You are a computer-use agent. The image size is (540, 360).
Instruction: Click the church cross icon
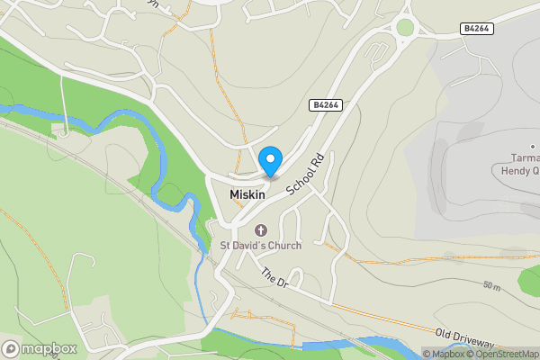[x=263, y=229]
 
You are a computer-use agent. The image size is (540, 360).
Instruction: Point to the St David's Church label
[x=261, y=245]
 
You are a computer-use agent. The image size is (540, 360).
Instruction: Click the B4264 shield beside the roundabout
[x=477, y=29]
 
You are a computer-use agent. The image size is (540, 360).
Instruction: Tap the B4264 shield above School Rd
[x=325, y=105]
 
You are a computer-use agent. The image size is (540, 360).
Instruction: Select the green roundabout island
[x=406, y=27]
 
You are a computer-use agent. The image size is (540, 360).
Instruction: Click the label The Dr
[x=274, y=278]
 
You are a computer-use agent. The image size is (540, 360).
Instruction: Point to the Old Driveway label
[x=465, y=340]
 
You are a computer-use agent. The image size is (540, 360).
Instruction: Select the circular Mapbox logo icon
[x=11, y=348]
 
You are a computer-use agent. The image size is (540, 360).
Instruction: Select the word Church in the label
[x=283, y=245]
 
